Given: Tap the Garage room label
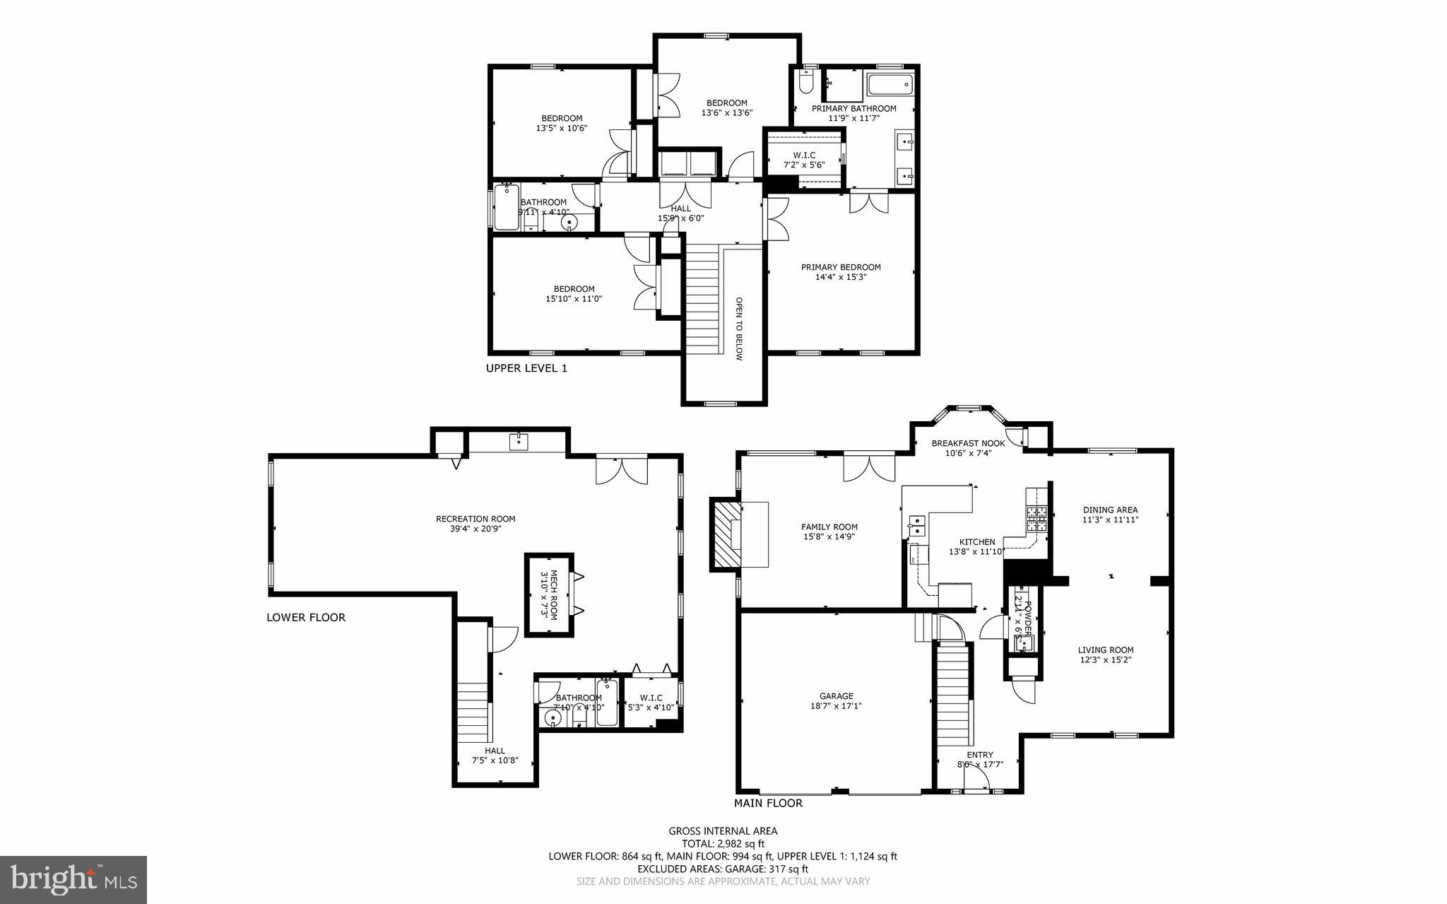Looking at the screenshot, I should [837, 695].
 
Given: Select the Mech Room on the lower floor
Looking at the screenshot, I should [549, 594].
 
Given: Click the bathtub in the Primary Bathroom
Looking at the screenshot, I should [890, 86].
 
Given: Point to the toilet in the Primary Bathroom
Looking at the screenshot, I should [806, 83].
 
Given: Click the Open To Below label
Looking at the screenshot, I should [739, 328].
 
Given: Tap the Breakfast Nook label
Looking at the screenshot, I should [968, 443].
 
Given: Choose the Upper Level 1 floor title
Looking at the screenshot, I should [526, 368].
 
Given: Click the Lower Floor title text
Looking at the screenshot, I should [306, 617].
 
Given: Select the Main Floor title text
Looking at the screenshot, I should [768, 803].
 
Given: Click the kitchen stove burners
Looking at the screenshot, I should [1036, 519].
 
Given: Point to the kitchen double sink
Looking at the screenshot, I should [917, 526].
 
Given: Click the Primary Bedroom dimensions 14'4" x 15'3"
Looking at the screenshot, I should [841, 277].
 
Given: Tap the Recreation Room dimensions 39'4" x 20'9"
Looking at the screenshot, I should [476, 529].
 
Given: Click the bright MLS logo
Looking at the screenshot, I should [73, 879].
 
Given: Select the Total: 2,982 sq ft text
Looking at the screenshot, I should [723, 843].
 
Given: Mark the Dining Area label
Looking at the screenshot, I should [1110, 510].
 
